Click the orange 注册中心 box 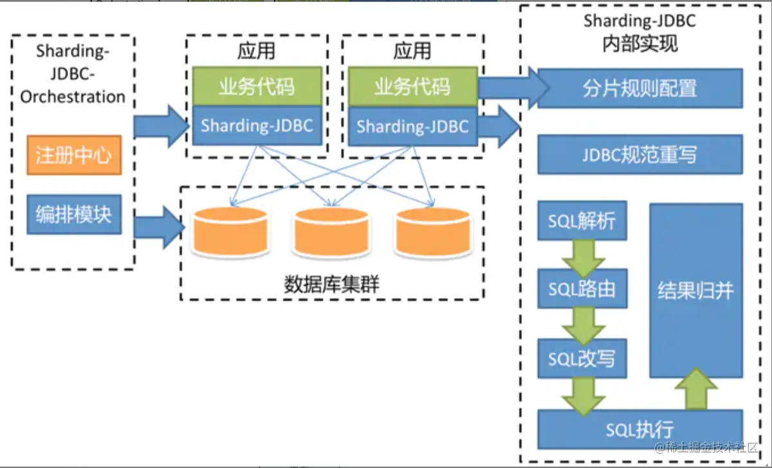click(73, 155)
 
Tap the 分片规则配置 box click(640, 88)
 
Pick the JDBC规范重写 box click(640, 155)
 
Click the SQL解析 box click(582, 222)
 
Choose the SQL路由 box click(582, 288)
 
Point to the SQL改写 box click(582, 359)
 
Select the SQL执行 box click(640, 429)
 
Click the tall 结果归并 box click(695, 290)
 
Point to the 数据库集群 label click(331, 284)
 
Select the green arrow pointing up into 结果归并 click(695, 389)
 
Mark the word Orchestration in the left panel click(73, 97)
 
